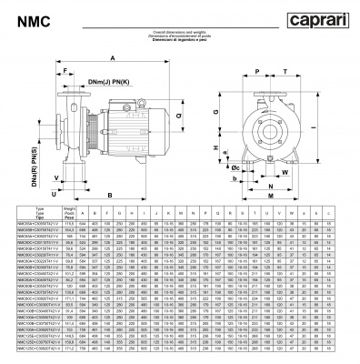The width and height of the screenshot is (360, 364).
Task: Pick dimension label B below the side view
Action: coord(109,195)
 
